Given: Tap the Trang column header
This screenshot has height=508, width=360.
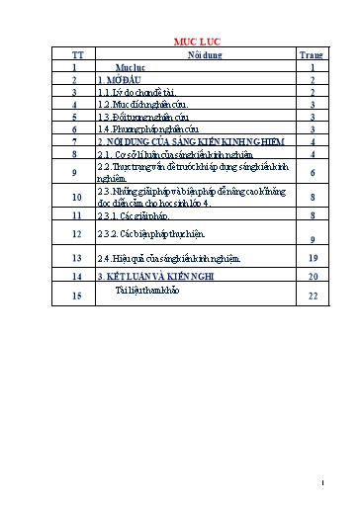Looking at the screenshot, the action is (312, 55).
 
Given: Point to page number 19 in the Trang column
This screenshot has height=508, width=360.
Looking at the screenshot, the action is (312, 259).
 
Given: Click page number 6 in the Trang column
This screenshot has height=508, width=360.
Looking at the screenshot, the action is (312, 174).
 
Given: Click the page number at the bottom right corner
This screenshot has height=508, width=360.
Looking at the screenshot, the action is (336, 483).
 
